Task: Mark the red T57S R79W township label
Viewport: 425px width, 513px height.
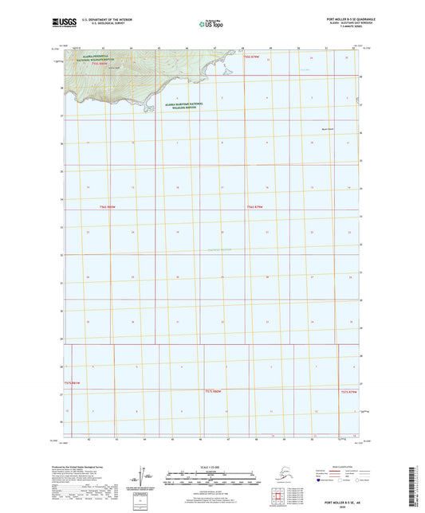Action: tap(348, 392)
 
